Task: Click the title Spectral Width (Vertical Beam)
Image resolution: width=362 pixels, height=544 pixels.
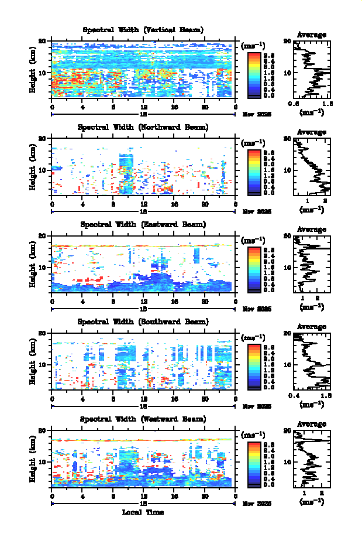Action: click(143, 30)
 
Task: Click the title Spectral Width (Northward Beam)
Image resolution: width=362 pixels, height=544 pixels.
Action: click(143, 127)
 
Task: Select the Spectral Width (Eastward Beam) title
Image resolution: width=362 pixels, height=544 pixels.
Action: click(143, 224)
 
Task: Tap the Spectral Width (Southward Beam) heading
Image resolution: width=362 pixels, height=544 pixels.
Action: click(143, 321)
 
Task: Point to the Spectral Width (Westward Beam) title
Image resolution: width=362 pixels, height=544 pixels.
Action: click(143, 419)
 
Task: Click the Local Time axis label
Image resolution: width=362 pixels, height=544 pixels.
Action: click(143, 512)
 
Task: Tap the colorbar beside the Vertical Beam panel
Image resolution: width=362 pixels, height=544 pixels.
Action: click(254, 74)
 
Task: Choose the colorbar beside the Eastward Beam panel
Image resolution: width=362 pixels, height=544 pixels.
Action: click(254, 269)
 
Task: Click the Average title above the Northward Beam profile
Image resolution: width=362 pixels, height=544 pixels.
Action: click(312, 132)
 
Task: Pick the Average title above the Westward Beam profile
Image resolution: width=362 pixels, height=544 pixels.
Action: click(312, 424)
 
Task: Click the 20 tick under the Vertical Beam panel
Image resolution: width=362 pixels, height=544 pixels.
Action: click(205, 107)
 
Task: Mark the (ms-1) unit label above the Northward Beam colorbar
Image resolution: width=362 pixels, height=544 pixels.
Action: click(253, 143)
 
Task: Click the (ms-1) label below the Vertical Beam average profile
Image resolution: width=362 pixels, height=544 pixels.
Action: click(312, 111)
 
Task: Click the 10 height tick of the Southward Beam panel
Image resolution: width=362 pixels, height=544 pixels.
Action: click(42, 365)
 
